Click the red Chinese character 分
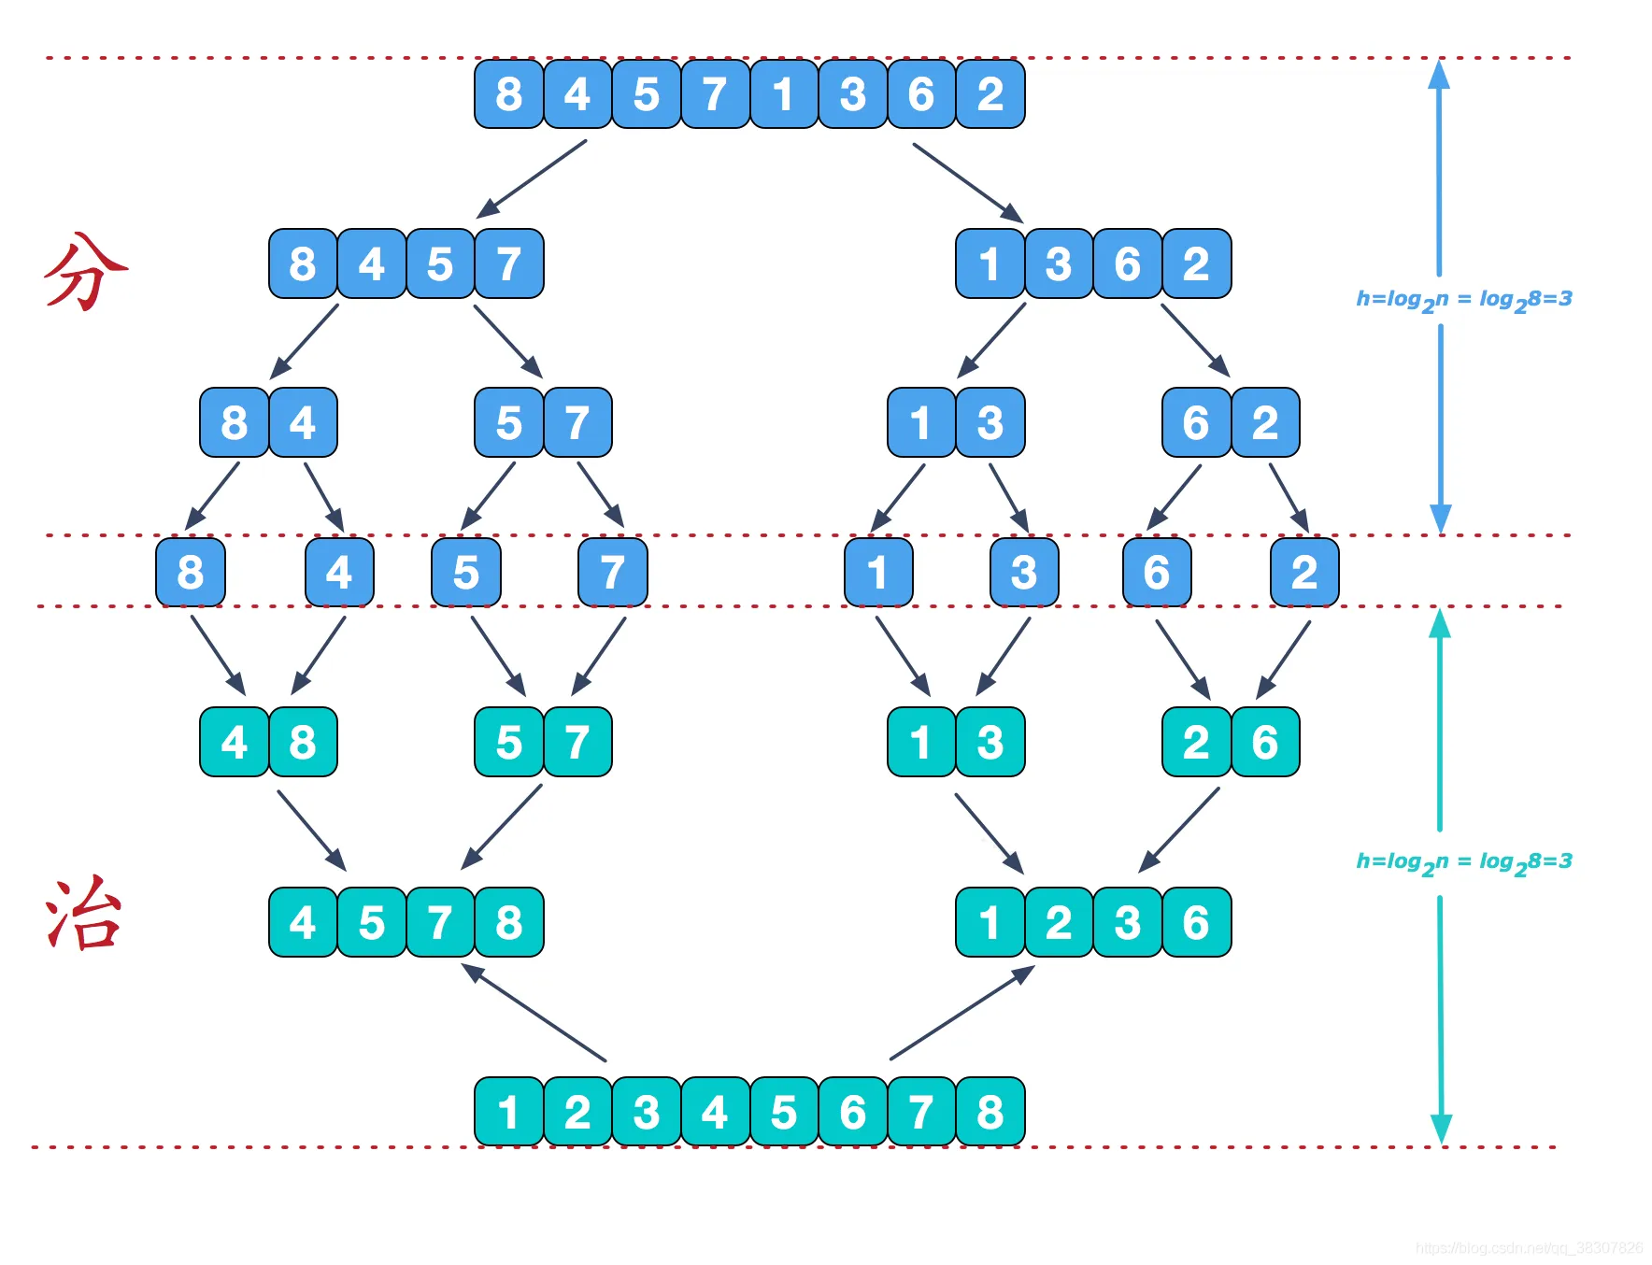tap(86, 271)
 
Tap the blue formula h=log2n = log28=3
tap(1463, 300)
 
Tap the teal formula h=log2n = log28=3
tap(1463, 862)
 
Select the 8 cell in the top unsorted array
tap(508, 94)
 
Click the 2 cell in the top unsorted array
tap(990, 94)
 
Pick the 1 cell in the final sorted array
tap(508, 1112)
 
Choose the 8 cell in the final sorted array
tap(990, 1112)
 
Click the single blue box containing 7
tap(612, 572)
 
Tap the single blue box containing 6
tap(1157, 572)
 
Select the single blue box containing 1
tap(877, 572)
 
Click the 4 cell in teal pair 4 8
tap(234, 743)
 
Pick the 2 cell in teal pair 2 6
tap(1196, 743)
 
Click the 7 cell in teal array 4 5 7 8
tap(440, 923)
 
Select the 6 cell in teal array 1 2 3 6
tap(1196, 923)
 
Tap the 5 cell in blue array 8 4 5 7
tap(440, 264)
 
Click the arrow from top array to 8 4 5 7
tap(533, 178)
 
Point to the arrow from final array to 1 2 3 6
tap(962, 1013)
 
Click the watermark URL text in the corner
tap(1529, 1248)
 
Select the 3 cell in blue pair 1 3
tap(990, 423)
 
